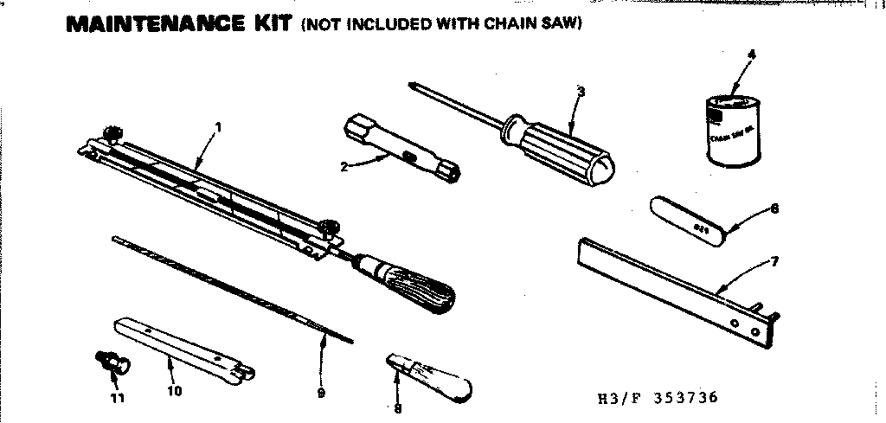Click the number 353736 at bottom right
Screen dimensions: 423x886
click(x=684, y=399)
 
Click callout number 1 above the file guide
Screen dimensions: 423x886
click(x=219, y=127)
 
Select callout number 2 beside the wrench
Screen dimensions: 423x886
click(x=344, y=167)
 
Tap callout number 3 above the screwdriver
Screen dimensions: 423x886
click(x=581, y=93)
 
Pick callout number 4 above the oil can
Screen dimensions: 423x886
click(x=751, y=54)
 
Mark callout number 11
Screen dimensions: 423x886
click(x=118, y=398)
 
